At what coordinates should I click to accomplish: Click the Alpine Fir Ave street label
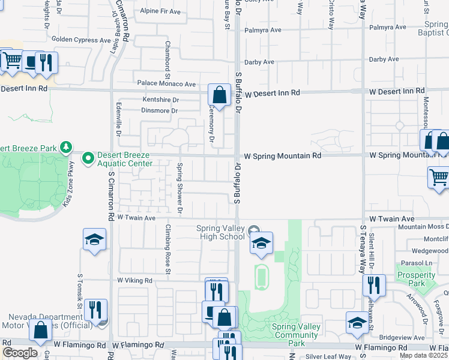click(160, 11)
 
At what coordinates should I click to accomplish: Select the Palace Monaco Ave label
click(166, 84)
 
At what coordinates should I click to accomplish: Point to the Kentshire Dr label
click(160, 100)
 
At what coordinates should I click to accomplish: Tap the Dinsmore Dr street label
click(160, 110)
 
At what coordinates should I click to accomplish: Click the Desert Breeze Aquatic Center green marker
click(89, 158)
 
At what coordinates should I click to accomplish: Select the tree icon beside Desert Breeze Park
click(67, 147)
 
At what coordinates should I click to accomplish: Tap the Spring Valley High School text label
click(221, 232)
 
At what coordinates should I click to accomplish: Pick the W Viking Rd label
click(135, 280)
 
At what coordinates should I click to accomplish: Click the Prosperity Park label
click(415, 279)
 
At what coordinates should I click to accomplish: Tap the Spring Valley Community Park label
click(296, 335)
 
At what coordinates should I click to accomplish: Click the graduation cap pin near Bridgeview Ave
click(357, 322)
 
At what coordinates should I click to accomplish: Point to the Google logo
click(20, 353)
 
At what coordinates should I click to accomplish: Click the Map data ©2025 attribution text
click(424, 355)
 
